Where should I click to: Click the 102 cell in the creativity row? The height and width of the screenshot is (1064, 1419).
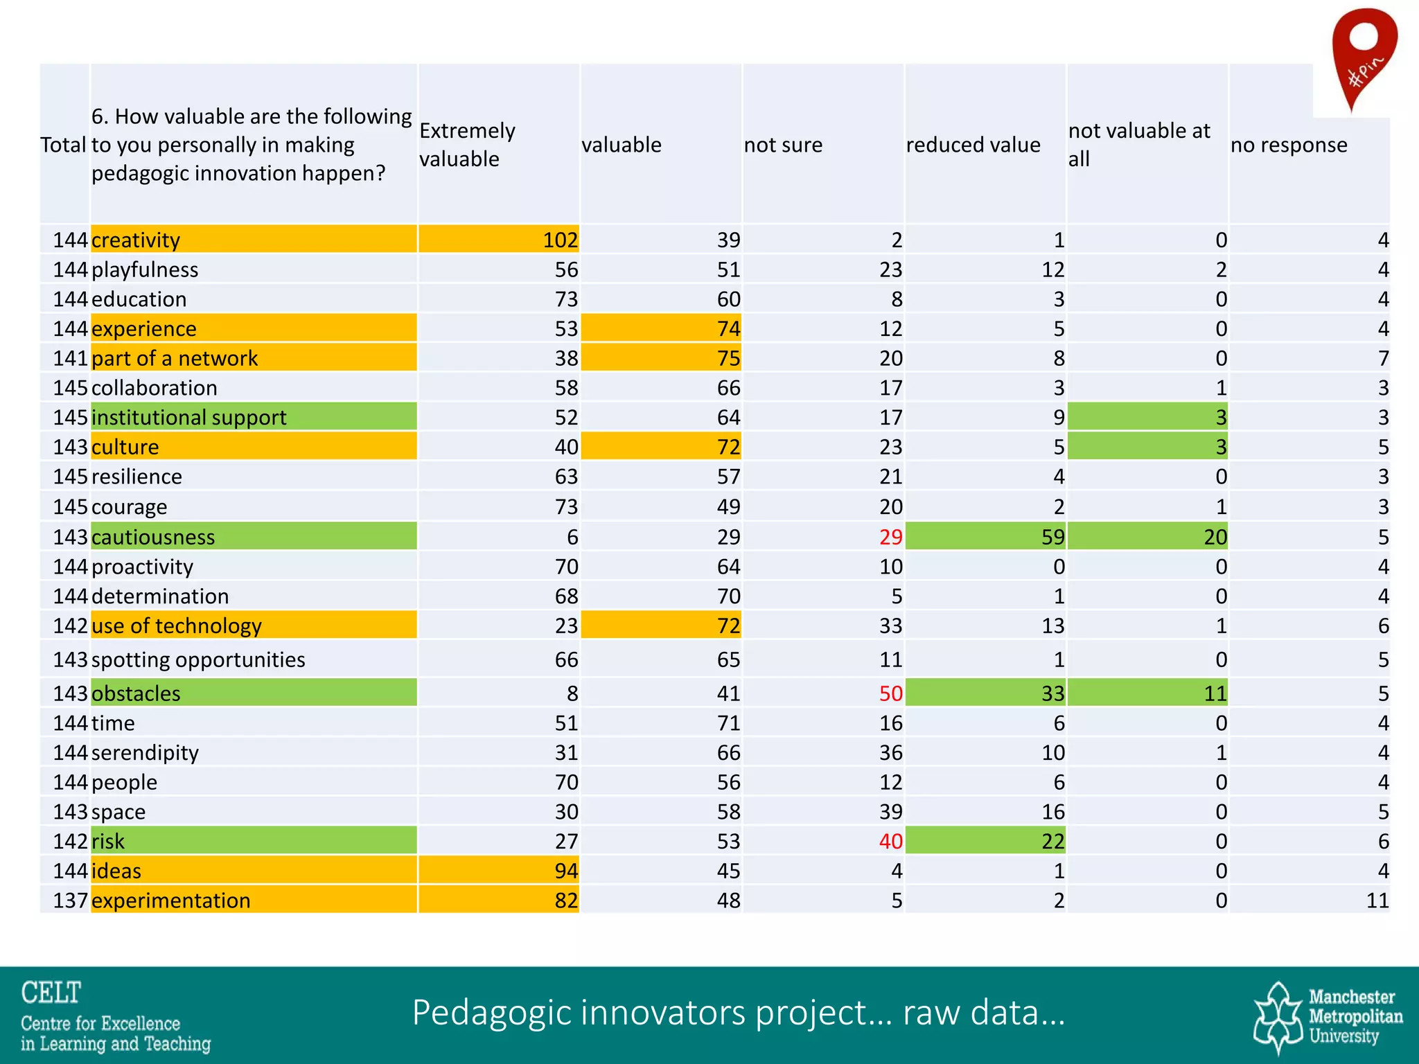coord(560,240)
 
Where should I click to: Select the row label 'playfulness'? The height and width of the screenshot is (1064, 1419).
coord(145,269)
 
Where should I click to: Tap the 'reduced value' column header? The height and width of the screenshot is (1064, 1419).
coord(973,145)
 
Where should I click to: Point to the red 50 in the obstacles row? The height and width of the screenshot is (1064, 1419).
coord(890,693)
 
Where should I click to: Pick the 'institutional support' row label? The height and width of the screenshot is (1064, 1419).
coord(188,418)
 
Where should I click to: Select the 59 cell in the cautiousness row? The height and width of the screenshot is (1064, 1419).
coord(1052,537)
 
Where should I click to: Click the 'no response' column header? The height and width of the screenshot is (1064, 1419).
coord(1289,145)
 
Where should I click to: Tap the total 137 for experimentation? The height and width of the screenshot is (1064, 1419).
coord(70,901)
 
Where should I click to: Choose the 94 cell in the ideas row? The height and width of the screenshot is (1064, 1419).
coord(566,871)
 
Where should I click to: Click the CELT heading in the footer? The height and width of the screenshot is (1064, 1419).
coord(51,993)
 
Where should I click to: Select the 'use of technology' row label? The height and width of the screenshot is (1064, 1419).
coord(177,626)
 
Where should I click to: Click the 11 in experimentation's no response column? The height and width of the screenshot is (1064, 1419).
coord(1377,901)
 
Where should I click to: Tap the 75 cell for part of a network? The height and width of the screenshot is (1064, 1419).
coord(728,358)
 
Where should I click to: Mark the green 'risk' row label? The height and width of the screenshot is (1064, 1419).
coord(108,841)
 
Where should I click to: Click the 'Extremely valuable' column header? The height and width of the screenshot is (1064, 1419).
coord(467,145)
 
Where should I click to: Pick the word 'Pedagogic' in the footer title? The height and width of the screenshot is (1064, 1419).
coord(491,1013)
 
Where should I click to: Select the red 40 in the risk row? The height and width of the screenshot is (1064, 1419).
coord(890,841)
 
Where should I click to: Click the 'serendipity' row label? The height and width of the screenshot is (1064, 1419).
coord(145,752)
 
